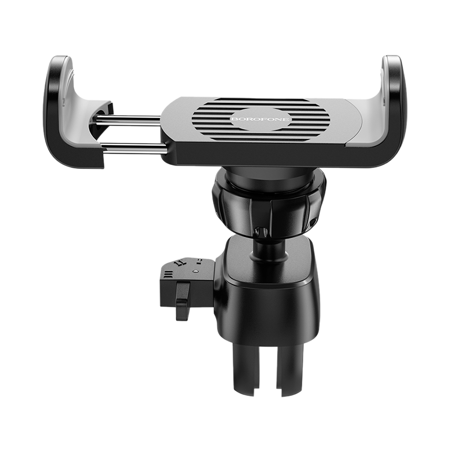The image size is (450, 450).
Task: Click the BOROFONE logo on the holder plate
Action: pyautogui.click(x=260, y=119)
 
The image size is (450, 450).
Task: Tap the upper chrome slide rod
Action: pyautogui.click(x=128, y=120)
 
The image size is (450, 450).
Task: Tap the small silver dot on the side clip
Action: pyautogui.click(x=196, y=271)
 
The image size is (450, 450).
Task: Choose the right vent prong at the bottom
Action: pyautogui.click(x=290, y=370)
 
